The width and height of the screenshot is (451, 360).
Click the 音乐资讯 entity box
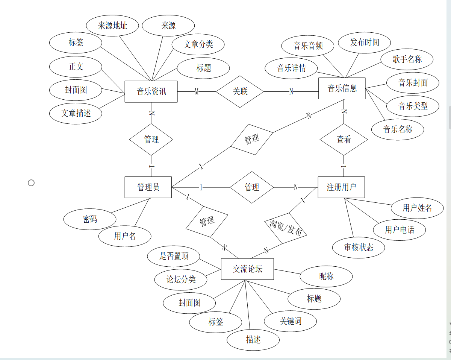(x=151, y=91)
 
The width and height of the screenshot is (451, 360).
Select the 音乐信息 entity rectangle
(x=342, y=88)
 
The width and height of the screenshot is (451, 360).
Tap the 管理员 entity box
(x=148, y=187)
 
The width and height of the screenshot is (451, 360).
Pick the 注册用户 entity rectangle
(x=341, y=187)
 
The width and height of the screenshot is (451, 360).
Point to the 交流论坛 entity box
(x=247, y=269)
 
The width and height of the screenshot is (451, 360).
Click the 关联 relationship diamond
(x=240, y=91)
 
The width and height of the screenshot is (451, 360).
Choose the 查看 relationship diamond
(x=344, y=140)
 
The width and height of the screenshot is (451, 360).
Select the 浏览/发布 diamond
(x=286, y=227)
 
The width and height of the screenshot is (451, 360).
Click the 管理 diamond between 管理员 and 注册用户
(x=252, y=187)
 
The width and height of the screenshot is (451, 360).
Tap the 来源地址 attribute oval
(x=112, y=26)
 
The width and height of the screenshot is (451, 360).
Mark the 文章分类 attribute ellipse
(x=198, y=44)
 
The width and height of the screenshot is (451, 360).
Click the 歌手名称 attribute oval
(x=407, y=59)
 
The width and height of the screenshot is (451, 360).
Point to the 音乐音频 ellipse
(x=308, y=46)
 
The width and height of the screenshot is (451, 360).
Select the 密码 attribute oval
(x=90, y=219)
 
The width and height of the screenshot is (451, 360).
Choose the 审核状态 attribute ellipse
(x=359, y=247)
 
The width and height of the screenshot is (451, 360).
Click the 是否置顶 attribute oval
(x=174, y=256)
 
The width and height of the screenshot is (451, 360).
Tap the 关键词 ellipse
(x=290, y=321)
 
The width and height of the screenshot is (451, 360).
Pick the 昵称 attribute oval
(x=326, y=276)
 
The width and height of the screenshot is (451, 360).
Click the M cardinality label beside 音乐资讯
(x=196, y=91)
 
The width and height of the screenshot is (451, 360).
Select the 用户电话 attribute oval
(x=399, y=229)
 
